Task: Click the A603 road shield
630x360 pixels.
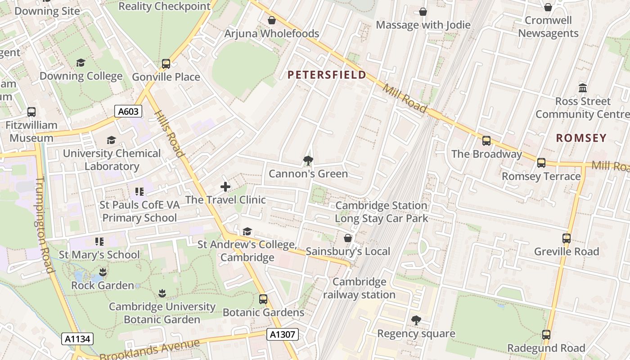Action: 128,112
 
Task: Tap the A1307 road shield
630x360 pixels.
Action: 282,334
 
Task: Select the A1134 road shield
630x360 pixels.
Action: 77,339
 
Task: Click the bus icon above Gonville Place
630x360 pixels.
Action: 166,64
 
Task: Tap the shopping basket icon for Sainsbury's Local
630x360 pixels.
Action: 348,238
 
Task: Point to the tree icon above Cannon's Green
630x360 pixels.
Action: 308,160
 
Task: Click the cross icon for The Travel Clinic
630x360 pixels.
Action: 225,186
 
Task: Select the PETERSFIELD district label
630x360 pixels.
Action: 327,75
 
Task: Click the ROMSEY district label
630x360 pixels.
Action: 581,138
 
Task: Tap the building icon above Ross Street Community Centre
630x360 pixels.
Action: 583,88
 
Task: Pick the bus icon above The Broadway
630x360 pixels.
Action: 486,141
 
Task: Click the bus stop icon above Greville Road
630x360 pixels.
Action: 567,238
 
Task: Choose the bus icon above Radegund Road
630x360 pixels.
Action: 546,335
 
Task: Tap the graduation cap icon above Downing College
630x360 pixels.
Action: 81,63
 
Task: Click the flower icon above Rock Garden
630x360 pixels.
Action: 103,272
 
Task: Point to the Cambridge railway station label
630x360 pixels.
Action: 359,288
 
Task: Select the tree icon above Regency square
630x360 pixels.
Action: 416,320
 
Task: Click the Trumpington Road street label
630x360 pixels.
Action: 44,225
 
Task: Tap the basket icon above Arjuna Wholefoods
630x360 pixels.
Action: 272,20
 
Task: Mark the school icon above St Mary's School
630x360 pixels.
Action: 99,242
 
